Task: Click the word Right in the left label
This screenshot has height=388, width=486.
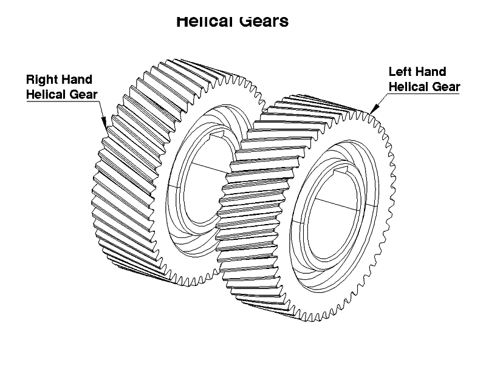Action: [x=41, y=80]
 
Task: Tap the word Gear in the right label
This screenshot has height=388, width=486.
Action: [x=446, y=86]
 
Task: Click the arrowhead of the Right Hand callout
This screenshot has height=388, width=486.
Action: [x=104, y=123]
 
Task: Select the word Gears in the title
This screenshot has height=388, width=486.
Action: [x=261, y=22]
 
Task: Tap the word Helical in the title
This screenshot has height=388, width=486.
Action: [x=202, y=22]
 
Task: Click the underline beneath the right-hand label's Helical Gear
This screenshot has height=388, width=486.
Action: [x=61, y=101]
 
